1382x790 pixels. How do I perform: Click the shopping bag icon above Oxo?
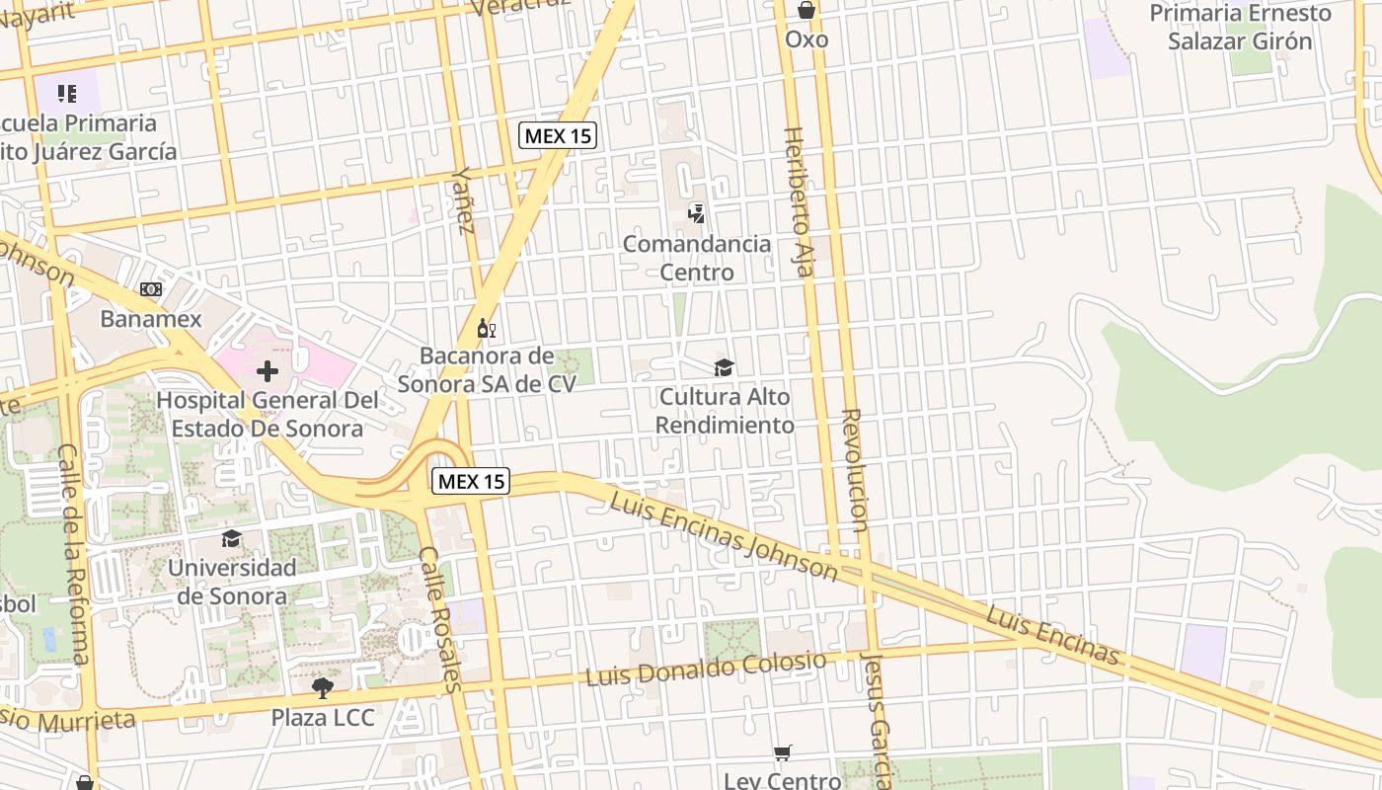(806, 11)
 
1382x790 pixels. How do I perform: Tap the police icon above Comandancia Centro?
(697, 212)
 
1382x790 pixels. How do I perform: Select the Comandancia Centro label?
(697, 258)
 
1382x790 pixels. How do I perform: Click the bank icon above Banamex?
(151, 289)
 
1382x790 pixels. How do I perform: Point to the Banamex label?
(151, 319)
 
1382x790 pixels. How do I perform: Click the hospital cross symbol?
(268, 371)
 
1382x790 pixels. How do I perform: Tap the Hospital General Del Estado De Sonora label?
(268, 415)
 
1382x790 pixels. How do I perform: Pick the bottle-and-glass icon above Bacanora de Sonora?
(486, 328)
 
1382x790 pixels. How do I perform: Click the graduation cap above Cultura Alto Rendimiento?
(725, 367)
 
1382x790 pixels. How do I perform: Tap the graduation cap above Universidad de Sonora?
(232, 538)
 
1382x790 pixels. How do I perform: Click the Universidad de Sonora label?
(232, 582)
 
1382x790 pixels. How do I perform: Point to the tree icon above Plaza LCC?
(322, 687)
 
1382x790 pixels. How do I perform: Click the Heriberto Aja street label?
(801, 201)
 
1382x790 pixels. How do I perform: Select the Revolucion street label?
(855, 470)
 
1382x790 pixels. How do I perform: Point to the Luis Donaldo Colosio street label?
(706, 669)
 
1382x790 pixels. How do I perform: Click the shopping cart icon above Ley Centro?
(783, 753)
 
